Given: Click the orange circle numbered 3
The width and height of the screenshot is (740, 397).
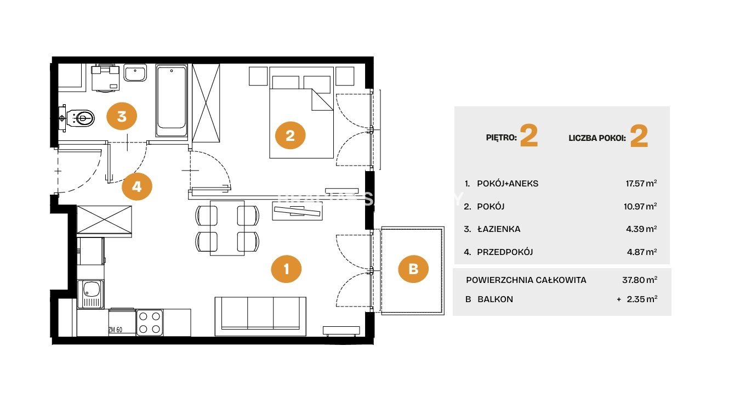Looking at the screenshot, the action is [x=122, y=116].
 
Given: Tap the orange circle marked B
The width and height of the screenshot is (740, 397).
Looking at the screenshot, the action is [x=413, y=269].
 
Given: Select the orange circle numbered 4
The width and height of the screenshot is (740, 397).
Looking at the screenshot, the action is [x=137, y=187].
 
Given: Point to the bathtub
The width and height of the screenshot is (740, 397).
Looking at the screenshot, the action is [x=172, y=101].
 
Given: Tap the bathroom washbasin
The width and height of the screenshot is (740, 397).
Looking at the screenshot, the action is [x=135, y=73].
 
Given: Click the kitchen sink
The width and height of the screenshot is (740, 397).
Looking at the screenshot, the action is [x=90, y=294].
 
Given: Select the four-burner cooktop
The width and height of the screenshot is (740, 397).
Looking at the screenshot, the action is [x=150, y=322].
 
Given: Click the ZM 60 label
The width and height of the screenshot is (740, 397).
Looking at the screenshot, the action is [x=115, y=330].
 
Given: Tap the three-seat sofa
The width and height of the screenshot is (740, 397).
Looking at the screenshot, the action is [x=260, y=316].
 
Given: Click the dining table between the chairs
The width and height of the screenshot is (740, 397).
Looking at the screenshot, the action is [x=227, y=228].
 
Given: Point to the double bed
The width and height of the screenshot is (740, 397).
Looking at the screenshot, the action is [x=301, y=112].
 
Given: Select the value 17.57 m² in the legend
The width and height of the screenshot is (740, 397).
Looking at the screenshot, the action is [x=641, y=183].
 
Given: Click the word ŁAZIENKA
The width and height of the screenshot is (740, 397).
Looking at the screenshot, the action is [x=499, y=229].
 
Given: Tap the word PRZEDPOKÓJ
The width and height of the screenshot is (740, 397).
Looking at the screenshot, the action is [x=505, y=252].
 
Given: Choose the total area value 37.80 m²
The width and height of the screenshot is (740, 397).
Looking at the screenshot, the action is [x=640, y=280].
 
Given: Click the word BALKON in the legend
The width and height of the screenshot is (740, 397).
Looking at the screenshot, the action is [x=495, y=299].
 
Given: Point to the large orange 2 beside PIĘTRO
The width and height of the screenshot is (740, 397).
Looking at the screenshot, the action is [x=529, y=136].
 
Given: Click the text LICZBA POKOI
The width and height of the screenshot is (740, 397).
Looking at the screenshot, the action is [x=597, y=138].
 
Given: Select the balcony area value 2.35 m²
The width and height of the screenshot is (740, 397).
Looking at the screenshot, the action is [x=642, y=299].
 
